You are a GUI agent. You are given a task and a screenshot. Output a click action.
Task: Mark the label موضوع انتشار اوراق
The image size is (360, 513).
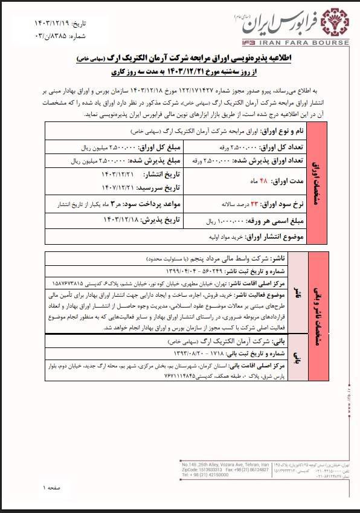[x=272, y=236]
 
